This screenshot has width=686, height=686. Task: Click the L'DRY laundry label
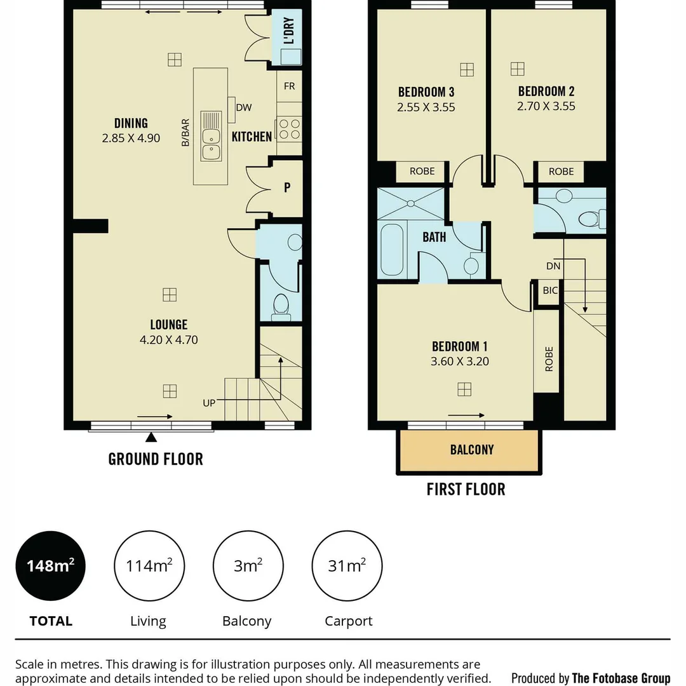pyautogui.click(x=290, y=31)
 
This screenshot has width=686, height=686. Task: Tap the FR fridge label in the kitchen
pyautogui.click(x=289, y=86)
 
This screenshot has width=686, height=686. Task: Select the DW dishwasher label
pyautogui.click(x=243, y=107)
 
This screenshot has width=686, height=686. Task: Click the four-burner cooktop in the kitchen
pyautogui.click(x=289, y=129)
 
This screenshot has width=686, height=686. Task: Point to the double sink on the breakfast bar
pyautogui.click(x=211, y=135)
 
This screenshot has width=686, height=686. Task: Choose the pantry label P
pyautogui.click(x=287, y=187)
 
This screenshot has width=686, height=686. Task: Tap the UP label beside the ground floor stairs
pyautogui.click(x=209, y=403)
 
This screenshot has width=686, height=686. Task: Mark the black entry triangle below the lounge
pyautogui.click(x=151, y=437)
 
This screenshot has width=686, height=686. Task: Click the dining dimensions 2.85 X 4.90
pyautogui.click(x=131, y=137)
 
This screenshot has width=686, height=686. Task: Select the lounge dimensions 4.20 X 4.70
pyautogui.click(x=169, y=340)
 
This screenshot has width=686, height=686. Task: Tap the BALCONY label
pyautogui.click(x=471, y=450)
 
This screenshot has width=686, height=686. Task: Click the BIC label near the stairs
pyautogui.click(x=550, y=290)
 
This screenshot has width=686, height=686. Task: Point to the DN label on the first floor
pyautogui.click(x=553, y=266)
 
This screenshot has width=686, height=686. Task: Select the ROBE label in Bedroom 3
pyautogui.click(x=422, y=171)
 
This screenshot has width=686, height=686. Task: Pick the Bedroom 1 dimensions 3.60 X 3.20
pyautogui.click(x=460, y=361)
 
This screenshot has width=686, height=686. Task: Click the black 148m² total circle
pyautogui.click(x=50, y=566)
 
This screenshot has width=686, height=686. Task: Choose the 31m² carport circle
pyautogui.click(x=347, y=566)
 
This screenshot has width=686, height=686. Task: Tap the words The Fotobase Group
pyautogui.click(x=621, y=678)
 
